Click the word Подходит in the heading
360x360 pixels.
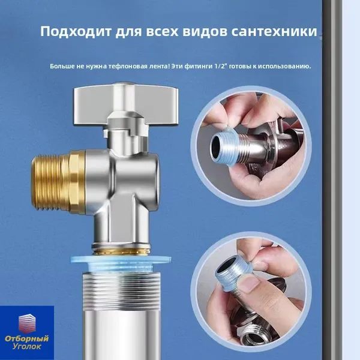(76, 31)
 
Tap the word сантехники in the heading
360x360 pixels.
(274, 31)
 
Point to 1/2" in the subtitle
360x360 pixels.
(221, 67)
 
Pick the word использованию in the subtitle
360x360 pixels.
(284, 67)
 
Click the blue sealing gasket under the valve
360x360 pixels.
(121, 262)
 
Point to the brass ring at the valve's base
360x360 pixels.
(121, 250)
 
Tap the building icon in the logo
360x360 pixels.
(27, 323)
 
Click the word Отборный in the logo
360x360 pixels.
(27, 338)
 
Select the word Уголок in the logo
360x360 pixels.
(27, 346)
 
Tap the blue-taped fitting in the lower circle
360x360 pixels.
(232, 274)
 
